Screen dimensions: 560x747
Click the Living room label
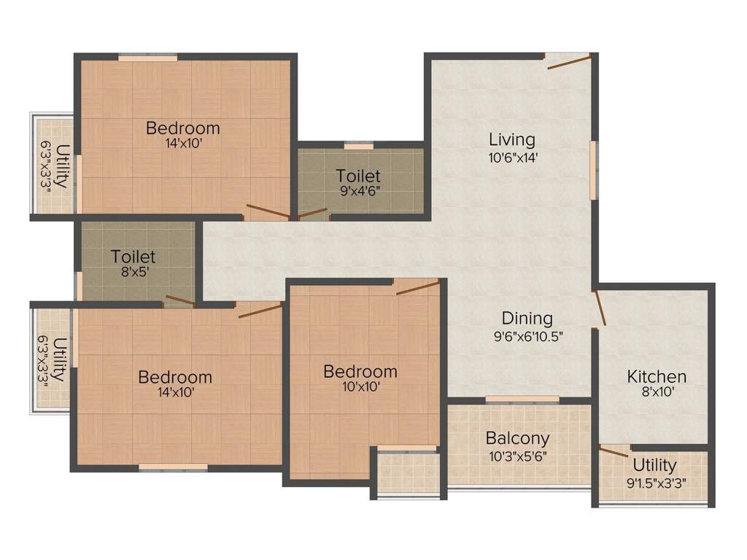(511, 139)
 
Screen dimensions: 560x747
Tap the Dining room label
(527, 319)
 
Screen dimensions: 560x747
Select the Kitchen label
(657, 377)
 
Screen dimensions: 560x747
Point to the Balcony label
(517, 439)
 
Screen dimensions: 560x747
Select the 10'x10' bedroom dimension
(360, 388)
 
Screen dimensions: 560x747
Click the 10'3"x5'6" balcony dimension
(517, 457)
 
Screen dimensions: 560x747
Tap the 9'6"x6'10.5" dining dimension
(527, 336)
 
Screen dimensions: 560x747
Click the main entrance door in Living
(568, 63)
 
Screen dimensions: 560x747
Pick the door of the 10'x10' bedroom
(418, 287)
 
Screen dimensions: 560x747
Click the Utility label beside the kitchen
(654, 465)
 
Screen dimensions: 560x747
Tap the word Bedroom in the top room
(182, 128)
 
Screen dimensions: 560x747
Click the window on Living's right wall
(594, 169)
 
